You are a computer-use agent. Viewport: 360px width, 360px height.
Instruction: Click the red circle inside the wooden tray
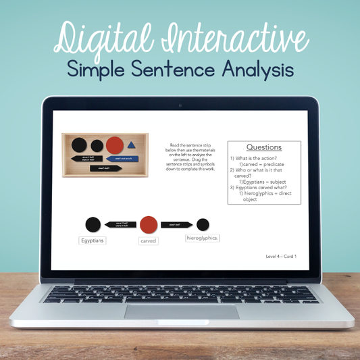click(x=115, y=145)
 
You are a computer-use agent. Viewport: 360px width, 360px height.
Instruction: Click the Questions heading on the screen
click(x=263, y=147)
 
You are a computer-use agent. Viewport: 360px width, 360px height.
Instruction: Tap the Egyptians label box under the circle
click(x=93, y=240)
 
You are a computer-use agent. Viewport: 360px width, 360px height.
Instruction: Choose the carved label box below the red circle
click(x=148, y=240)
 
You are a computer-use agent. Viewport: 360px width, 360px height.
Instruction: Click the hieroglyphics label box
click(x=203, y=238)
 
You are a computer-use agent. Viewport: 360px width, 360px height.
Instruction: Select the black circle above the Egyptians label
click(x=93, y=224)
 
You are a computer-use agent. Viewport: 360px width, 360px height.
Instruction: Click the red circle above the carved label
click(x=149, y=224)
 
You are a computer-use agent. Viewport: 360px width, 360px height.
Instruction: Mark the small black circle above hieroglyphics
click(x=203, y=224)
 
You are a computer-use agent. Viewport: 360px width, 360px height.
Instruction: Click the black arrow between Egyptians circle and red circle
click(x=121, y=224)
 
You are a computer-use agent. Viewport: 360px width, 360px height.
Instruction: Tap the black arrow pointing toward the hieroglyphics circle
click(x=176, y=224)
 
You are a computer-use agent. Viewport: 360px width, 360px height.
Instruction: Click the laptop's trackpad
click(x=181, y=311)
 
